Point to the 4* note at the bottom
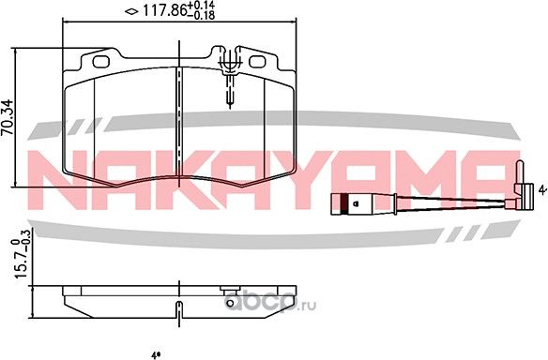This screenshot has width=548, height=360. pyautogui.click(x=155, y=353)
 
